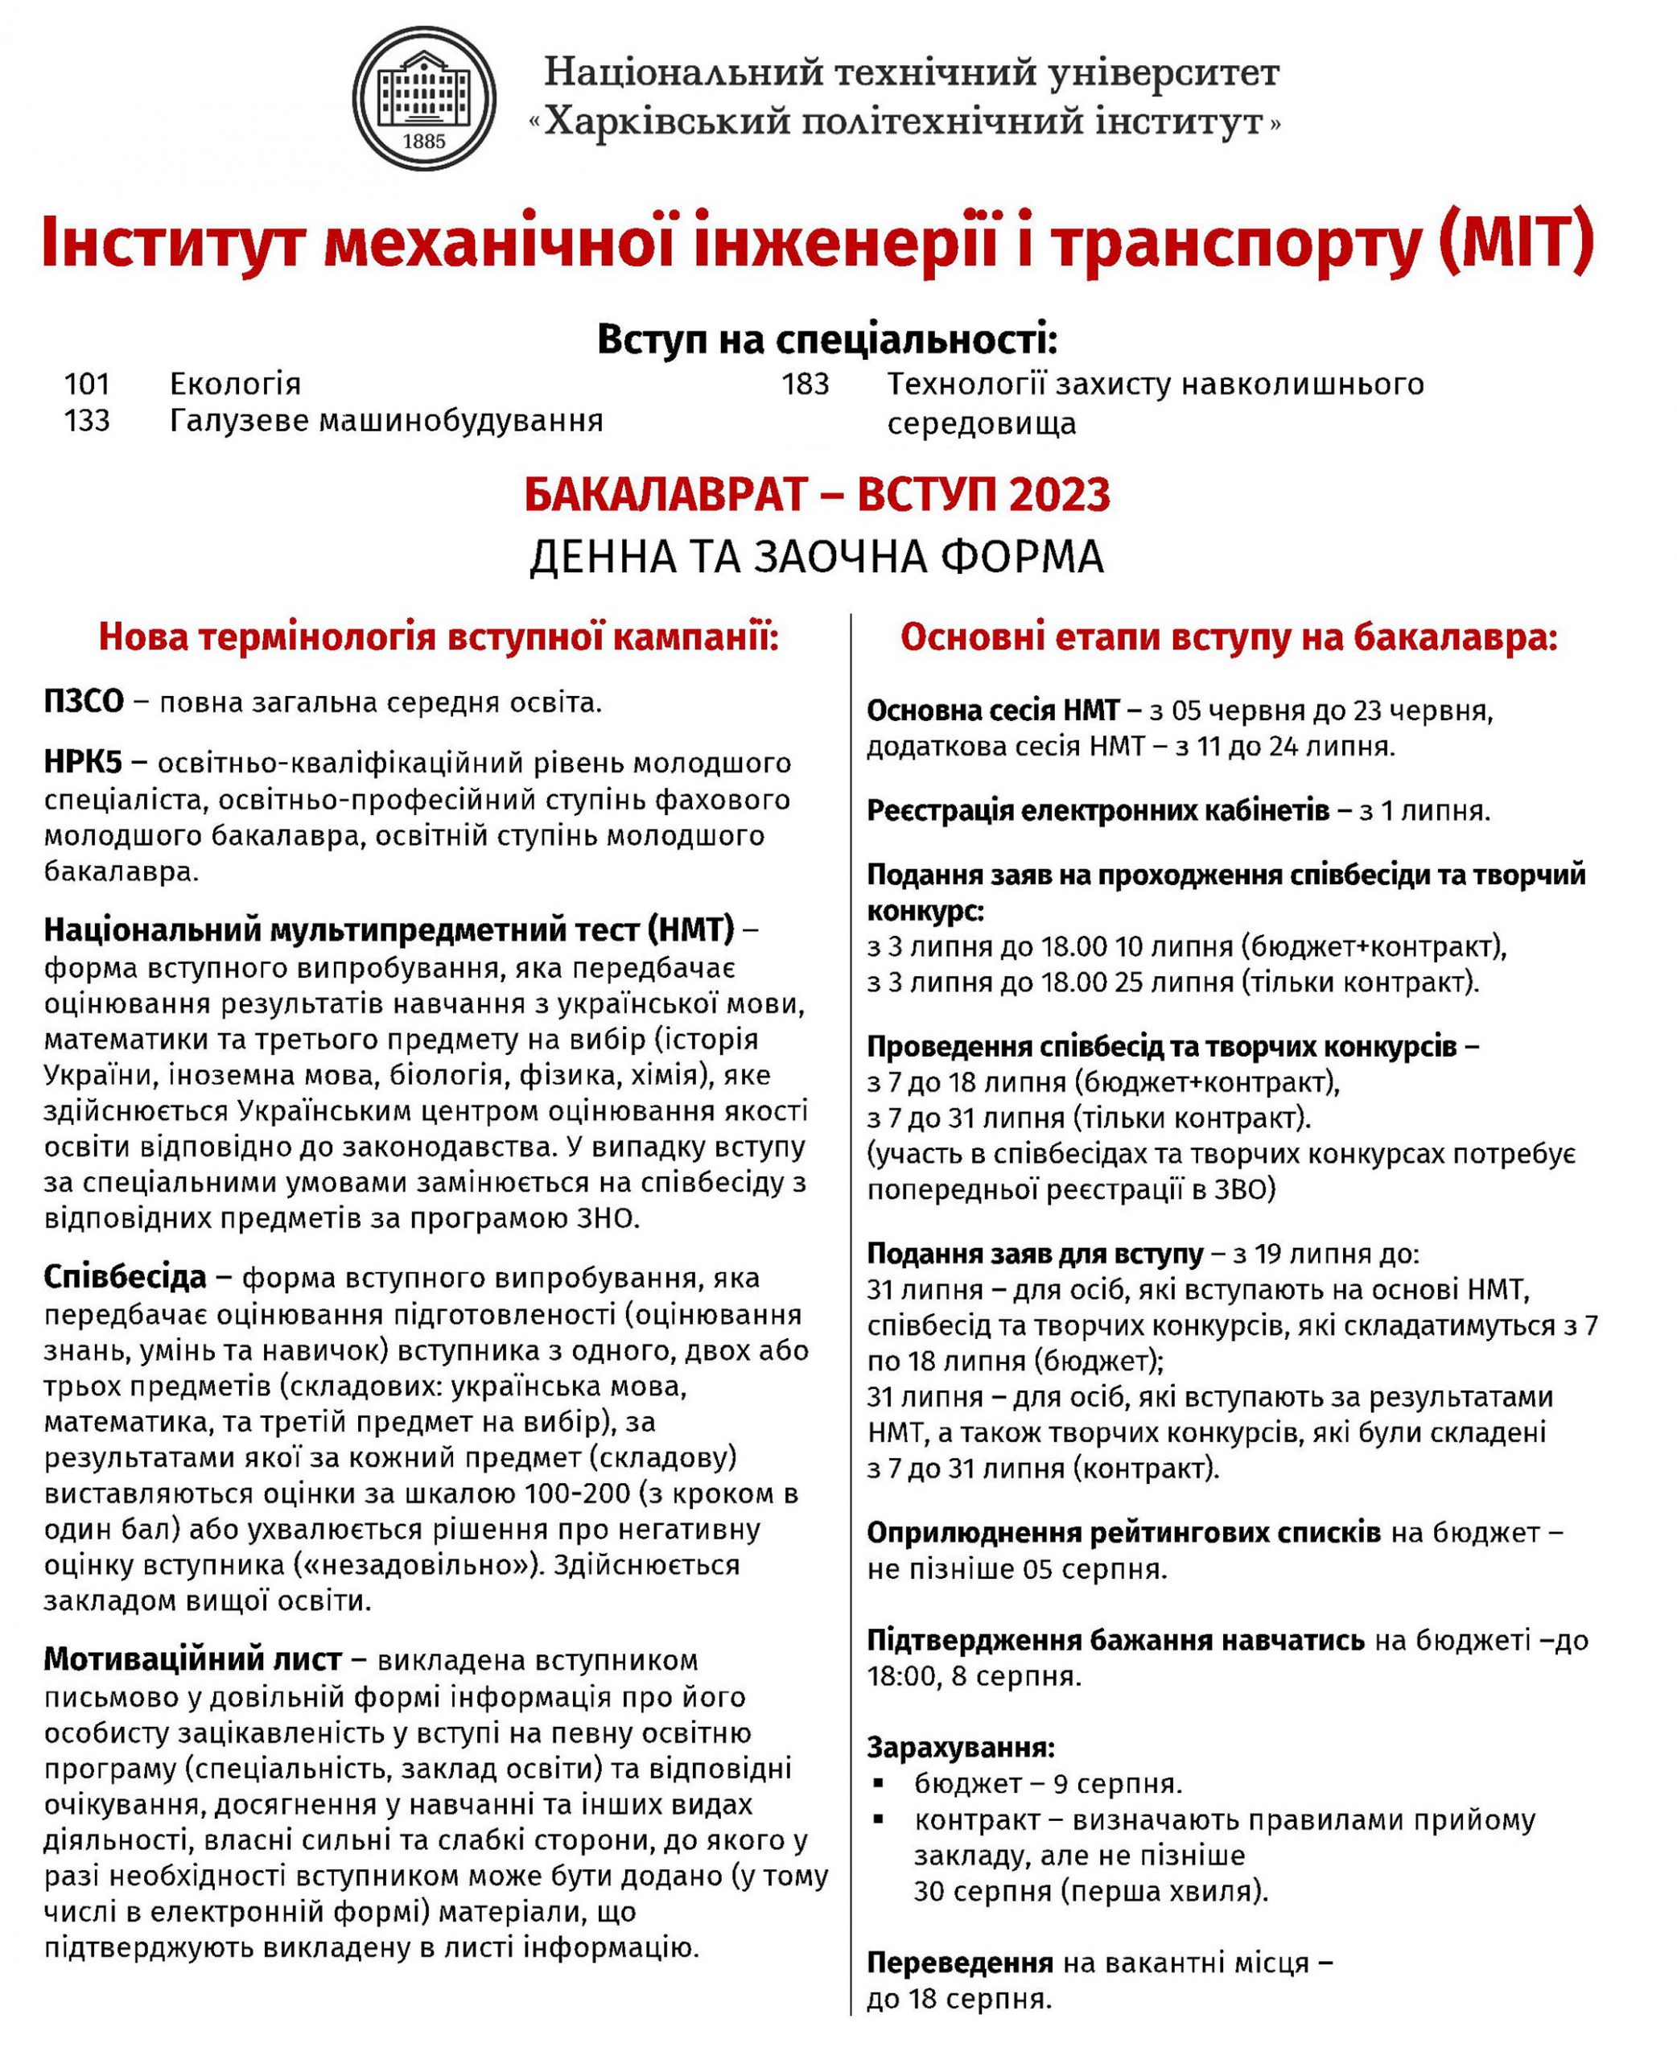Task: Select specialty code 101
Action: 87,385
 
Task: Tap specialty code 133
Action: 87,421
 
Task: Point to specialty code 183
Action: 806,385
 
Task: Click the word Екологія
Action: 236,385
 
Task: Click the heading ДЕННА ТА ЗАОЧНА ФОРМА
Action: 816,558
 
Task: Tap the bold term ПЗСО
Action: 84,702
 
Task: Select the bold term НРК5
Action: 83,763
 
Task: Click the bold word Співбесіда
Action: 125,1278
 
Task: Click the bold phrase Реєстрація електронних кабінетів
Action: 1098,810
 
